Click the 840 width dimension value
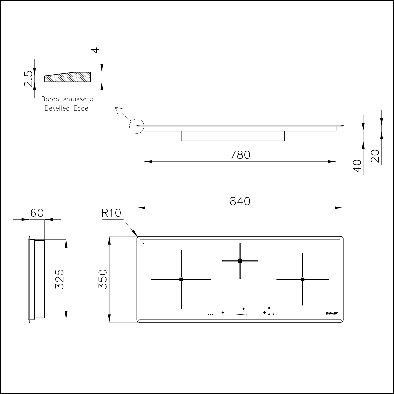(x=240, y=201)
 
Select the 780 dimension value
(x=240, y=154)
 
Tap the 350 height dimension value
(x=103, y=279)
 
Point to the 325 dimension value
(x=59, y=279)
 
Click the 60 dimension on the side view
(x=37, y=213)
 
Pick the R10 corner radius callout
(x=111, y=213)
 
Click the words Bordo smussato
(x=67, y=99)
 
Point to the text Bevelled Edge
(x=67, y=108)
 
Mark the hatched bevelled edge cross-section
(x=68, y=77)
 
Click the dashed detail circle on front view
(x=137, y=125)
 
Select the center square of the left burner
(x=181, y=279)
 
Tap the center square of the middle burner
(x=240, y=261)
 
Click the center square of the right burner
(x=302, y=279)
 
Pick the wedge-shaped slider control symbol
(x=239, y=314)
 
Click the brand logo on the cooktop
(x=332, y=314)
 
